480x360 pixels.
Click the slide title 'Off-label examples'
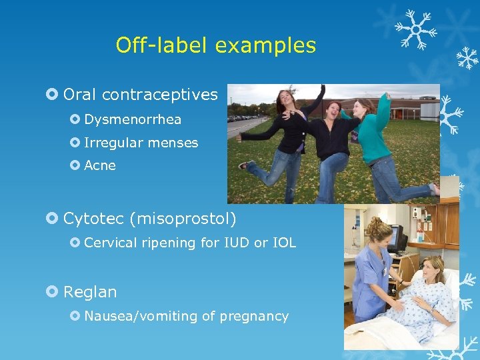click(x=215, y=45)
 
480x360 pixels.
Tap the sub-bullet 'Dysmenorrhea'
click(x=133, y=120)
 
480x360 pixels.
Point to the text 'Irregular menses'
click(x=141, y=143)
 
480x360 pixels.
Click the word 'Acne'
click(x=100, y=165)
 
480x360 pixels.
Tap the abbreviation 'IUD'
click(x=235, y=243)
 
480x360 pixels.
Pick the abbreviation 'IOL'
click(x=284, y=243)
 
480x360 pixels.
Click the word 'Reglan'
click(x=90, y=292)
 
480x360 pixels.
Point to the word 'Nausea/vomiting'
click(x=135, y=316)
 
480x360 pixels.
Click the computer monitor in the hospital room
click(x=397, y=238)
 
